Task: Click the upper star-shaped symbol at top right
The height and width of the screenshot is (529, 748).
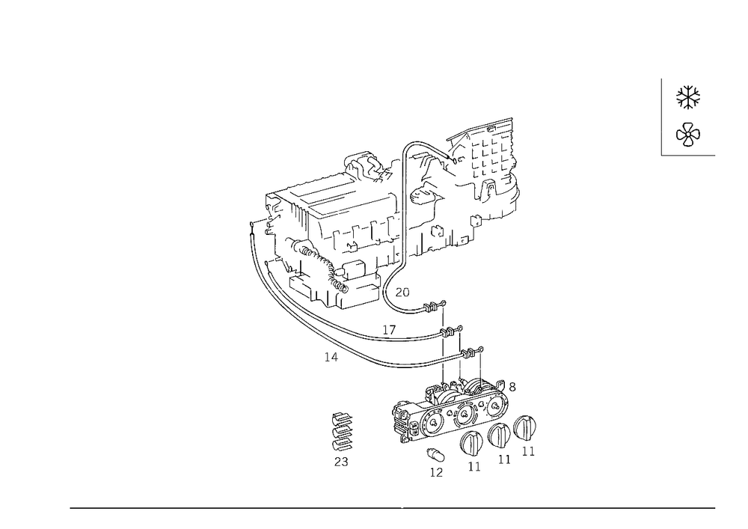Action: tap(689, 97)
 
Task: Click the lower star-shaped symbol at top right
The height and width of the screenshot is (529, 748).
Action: tap(688, 134)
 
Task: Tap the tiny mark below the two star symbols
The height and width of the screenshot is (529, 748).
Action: tap(659, 156)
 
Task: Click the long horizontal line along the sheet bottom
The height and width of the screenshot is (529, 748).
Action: tap(393, 507)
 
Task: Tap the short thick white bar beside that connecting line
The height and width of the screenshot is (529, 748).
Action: tap(458, 367)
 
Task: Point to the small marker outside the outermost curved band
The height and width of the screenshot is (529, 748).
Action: tap(329, 356)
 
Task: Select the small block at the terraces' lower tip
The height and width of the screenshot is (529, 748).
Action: tap(402, 290)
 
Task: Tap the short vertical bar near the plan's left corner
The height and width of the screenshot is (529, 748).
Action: tap(304, 221)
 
